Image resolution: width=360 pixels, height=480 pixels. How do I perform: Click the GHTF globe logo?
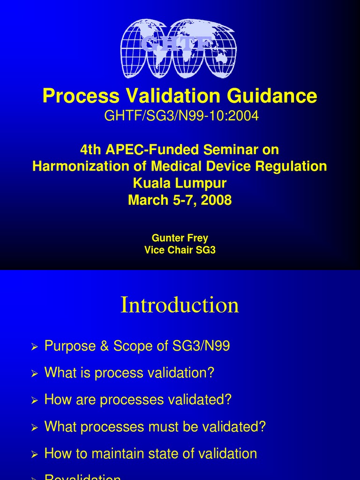point(178,49)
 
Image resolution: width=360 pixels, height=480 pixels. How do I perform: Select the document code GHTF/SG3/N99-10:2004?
point(181,116)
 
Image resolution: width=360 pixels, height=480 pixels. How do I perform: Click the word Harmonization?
point(81,166)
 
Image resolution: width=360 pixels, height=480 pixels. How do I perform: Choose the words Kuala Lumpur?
point(180,183)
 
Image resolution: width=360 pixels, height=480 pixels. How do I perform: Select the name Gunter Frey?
point(180,238)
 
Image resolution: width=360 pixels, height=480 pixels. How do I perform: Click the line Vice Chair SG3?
point(180,250)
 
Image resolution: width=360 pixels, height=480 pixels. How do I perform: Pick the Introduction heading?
point(180,305)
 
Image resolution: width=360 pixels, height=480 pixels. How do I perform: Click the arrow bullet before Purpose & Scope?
point(34,347)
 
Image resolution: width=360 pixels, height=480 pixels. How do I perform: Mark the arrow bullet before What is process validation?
point(34,374)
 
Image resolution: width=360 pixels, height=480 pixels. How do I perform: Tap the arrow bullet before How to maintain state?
point(34,455)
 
